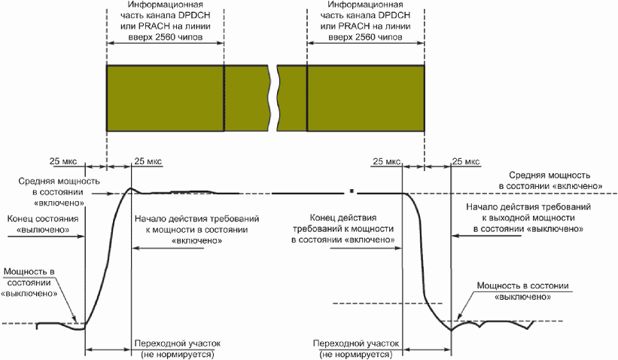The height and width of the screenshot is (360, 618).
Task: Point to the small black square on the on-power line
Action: (x=352, y=187)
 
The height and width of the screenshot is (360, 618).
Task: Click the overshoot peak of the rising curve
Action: (x=130, y=188)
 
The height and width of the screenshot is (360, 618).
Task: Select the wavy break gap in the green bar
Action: (x=275, y=99)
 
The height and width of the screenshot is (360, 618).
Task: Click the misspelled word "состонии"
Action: (x=552, y=286)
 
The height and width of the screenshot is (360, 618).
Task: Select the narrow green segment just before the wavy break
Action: (x=246, y=99)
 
